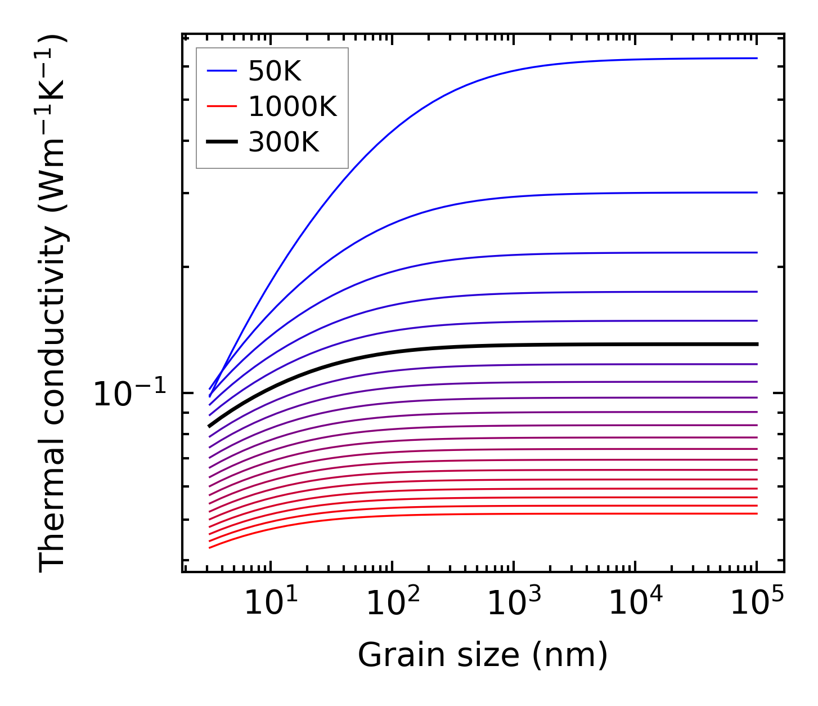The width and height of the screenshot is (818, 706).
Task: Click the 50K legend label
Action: click(275, 72)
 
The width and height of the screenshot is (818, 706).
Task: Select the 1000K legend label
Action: click(292, 107)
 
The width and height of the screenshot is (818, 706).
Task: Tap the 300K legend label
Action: click(284, 142)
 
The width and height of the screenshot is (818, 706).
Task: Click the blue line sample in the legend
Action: click(222, 71)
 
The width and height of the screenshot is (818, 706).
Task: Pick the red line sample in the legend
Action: click(222, 106)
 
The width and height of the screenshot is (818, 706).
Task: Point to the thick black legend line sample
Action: click(222, 142)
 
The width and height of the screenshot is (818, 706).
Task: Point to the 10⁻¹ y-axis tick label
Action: click(130, 394)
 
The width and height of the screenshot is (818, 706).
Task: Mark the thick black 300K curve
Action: click(506, 345)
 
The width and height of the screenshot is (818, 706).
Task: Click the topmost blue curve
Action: click(506, 70)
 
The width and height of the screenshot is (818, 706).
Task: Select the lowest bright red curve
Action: click(506, 513)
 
